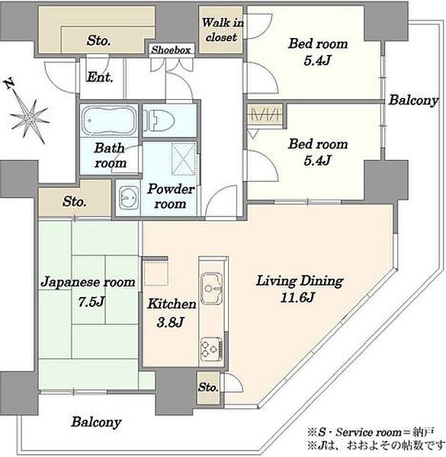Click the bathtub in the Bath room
point(109,120)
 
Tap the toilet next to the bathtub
point(159,120)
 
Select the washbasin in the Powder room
point(129,198)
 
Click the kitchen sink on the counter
point(211,288)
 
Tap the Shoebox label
point(171,50)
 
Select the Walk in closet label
point(223,30)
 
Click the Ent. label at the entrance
point(100,77)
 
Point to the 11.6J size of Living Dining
point(297,298)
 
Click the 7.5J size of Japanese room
point(91,302)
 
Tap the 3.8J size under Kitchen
point(170,322)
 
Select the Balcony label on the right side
point(413,101)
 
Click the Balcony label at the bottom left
point(96,422)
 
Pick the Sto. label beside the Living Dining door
point(208,387)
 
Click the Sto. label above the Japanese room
point(75,201)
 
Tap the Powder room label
point(171,197)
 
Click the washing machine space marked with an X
point(184,159)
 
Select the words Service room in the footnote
point(368,432)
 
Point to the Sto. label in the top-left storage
point(98,40)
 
